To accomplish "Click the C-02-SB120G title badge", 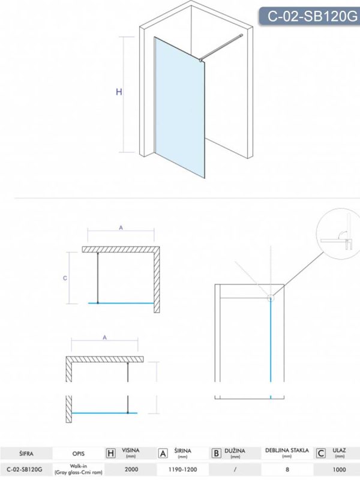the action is pyautogui.click(x=310, y=16).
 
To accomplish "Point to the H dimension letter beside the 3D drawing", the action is pyautogui.click(x=119, y=92).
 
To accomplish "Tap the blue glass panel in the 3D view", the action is pyautogui.click(x=179, y=107).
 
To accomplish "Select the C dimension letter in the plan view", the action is pyautogui.click(x=65, y=278).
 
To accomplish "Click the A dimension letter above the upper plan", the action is pyautogui.click(x=121, y=228).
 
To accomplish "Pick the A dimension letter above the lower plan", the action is pyautogui.click(x=104, y=338).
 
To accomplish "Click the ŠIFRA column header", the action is pyautogui.click(x=26, y=454).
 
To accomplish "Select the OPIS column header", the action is pyautogui.click(x=79, y=454).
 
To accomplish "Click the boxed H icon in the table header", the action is pyautogui.click(x=110, y=454).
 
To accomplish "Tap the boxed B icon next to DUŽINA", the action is pyautogui.click(x=216, y=454).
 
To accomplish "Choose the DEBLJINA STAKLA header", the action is pyautogui.click(x=287, y=451).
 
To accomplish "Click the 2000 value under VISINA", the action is pyautogui.click(x=131, y=469).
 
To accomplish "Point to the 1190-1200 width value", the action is pyautogui.click(x=183, y=469).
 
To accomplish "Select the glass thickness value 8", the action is pyautogui.click(x=287, y=469).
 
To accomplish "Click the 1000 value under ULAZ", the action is pyautogui.click(x=339, y=469).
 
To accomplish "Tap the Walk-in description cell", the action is pyautogui.click(x=78, y=469).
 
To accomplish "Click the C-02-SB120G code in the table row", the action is pyautogui.click(x=25, y=469).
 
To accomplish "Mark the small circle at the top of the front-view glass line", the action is pyautogui.click(x=271, y=298).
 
